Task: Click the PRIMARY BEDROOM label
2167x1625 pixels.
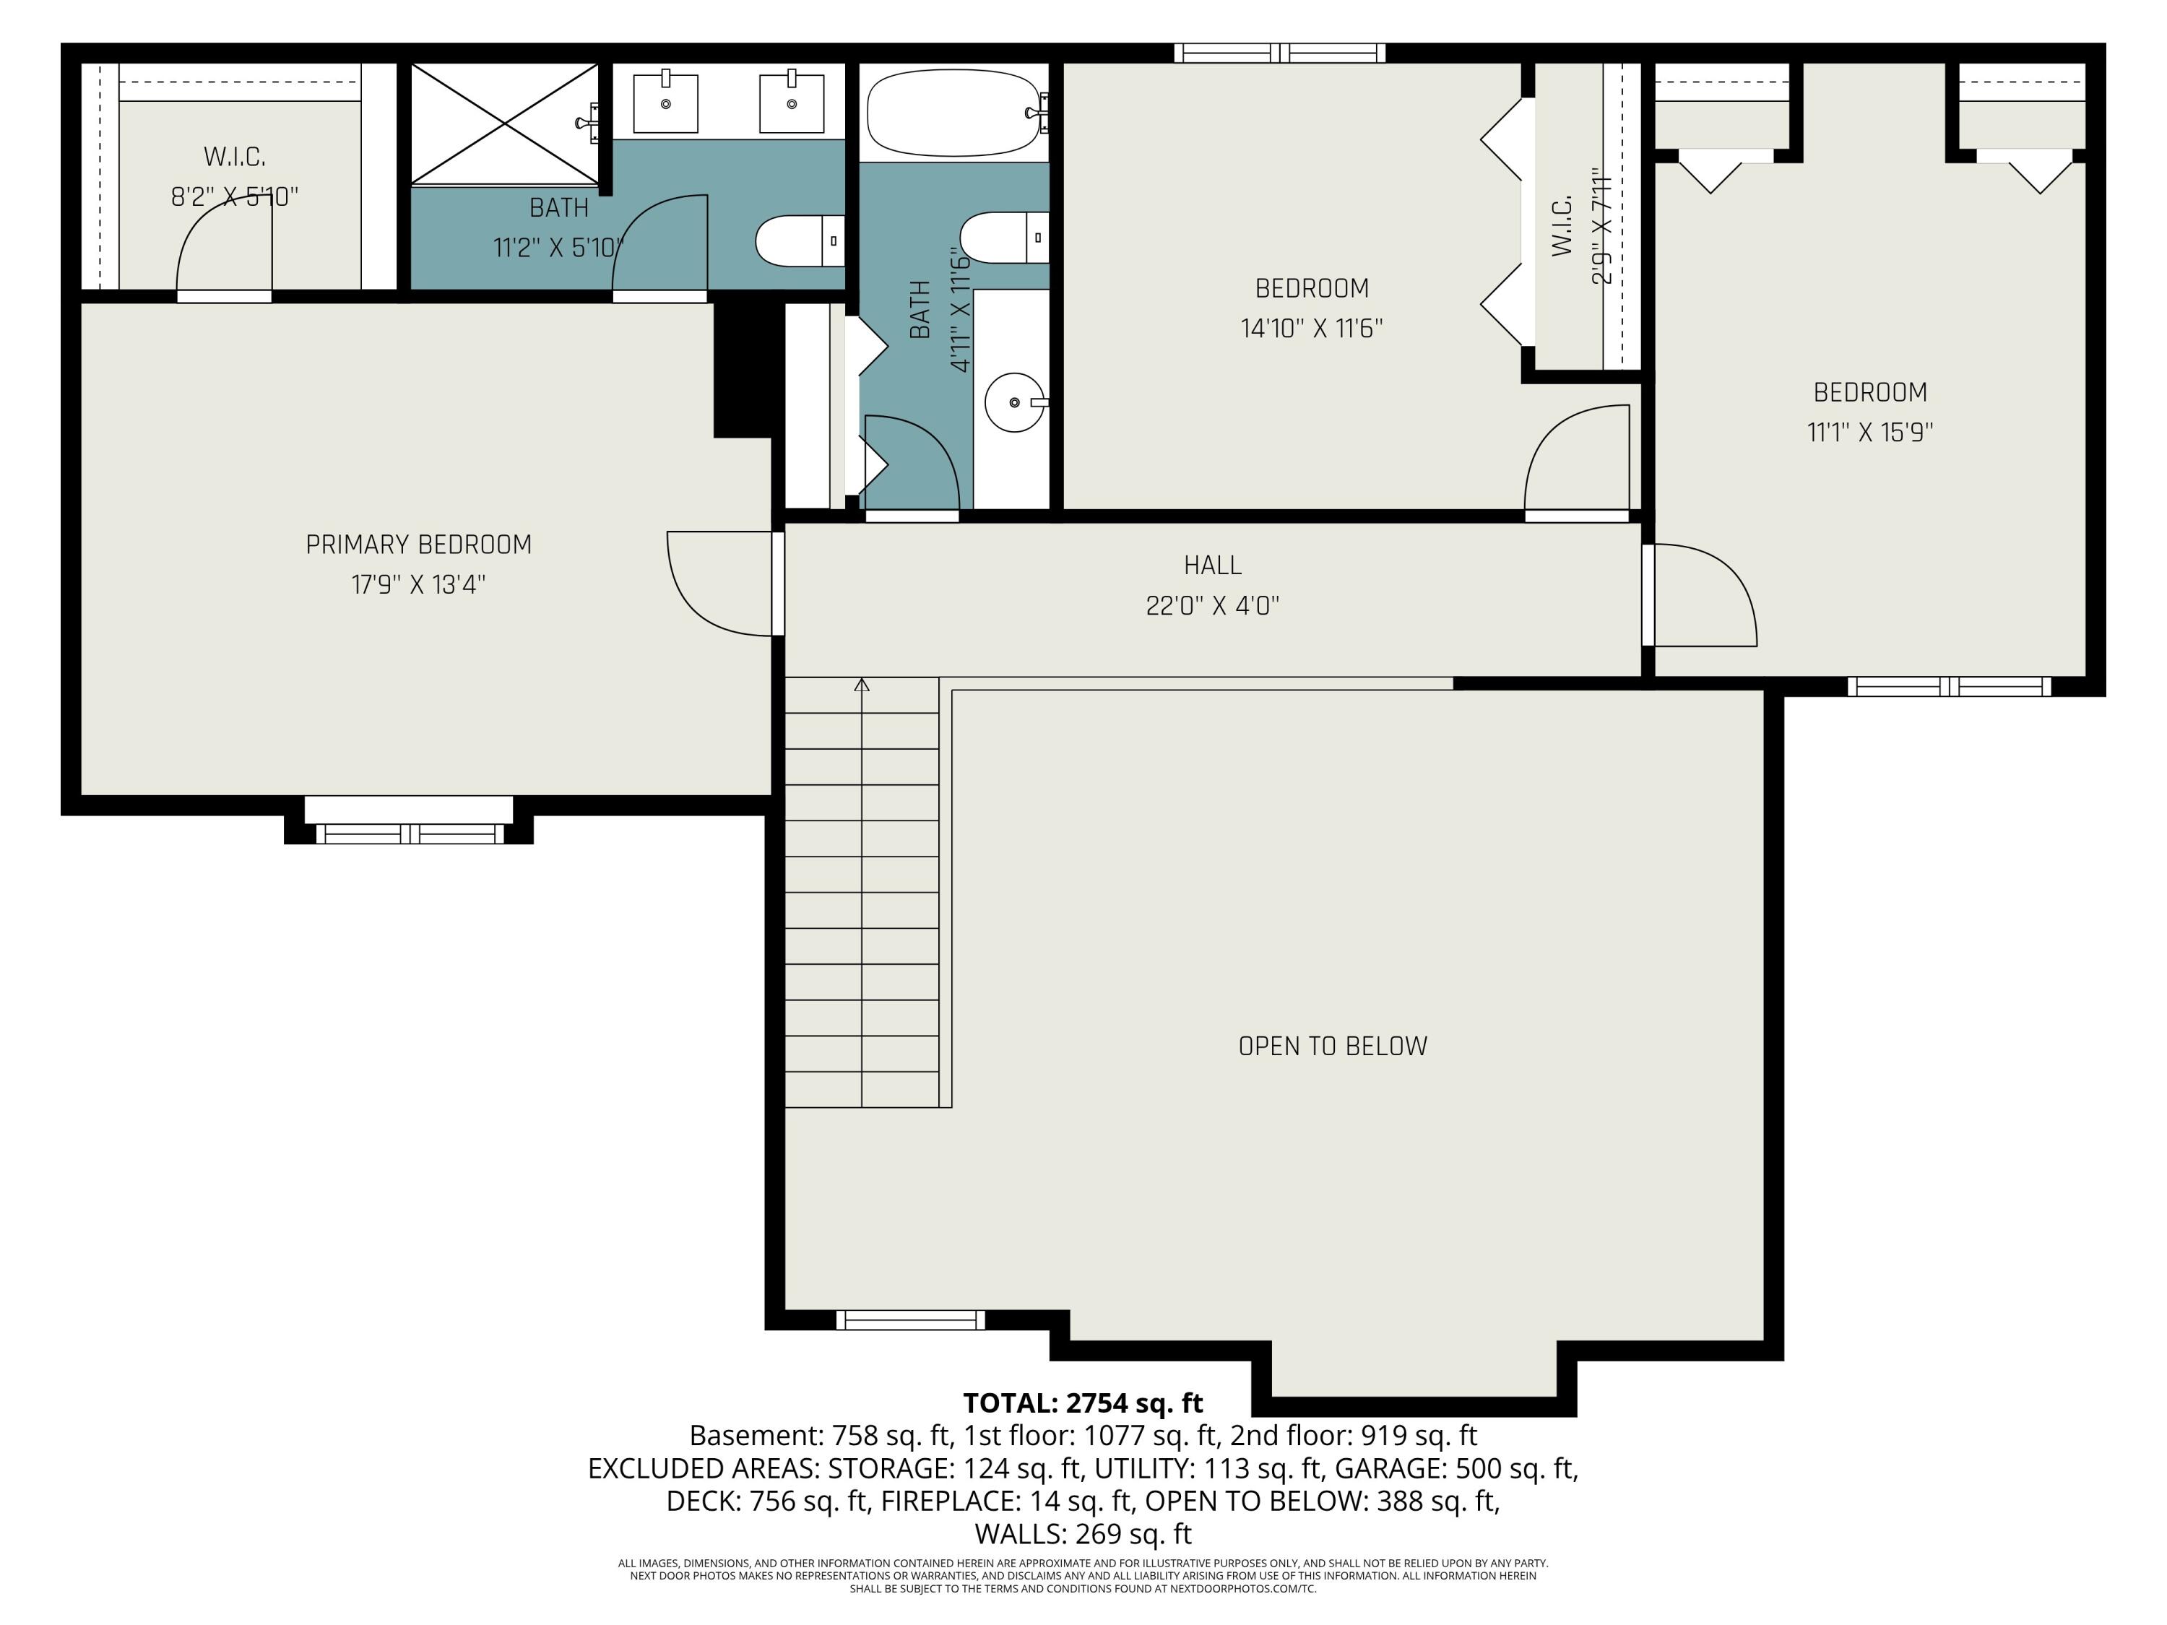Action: (418, 545)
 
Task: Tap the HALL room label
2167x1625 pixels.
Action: (1212, 565)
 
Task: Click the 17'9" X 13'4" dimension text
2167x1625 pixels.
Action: (418, 585)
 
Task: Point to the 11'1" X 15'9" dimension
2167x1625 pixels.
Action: (1869, 432)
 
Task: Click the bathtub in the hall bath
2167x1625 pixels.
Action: (953, 113)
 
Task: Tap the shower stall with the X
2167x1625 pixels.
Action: (503, 123)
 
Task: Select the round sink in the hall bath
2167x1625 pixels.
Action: (1015, 402)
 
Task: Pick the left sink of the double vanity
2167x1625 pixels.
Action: (665, 101)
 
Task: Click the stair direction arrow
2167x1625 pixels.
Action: (861, 685)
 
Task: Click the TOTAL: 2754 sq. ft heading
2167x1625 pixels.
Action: (1083, 1403)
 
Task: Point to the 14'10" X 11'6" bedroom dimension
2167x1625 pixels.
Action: (1311, 328)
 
